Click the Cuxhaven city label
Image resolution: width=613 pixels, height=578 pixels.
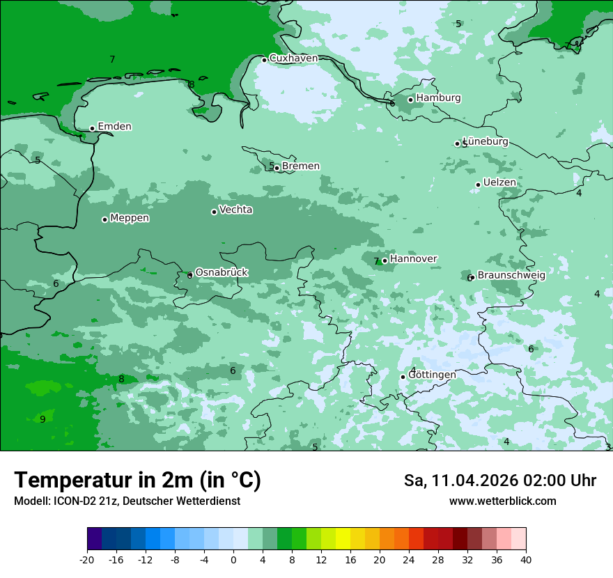click(x=293, y=58)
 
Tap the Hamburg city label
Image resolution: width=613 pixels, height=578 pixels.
click(x=438, y=98)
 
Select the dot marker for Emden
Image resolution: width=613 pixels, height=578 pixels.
click(x=92, y=128)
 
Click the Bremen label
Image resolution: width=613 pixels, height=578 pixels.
click(x=300, y=166)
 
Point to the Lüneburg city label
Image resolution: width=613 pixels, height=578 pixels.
click(x=486, y=142)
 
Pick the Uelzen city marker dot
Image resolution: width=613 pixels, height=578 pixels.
click(x=478, y=185)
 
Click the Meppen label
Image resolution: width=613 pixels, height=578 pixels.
click(x=130, y=218)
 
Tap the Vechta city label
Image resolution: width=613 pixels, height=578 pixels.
click(x=235, y=210)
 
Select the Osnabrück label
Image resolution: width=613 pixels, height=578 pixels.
click(x=222, y=272)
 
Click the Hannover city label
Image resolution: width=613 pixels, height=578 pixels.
click(x=413, y=259)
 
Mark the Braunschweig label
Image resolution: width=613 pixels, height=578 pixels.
click(x=511, y=275)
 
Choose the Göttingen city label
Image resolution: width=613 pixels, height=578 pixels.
click(x=432, y=375)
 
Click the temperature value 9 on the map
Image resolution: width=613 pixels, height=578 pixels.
click(x=42, y=419)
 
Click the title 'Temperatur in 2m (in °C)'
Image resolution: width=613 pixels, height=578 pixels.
click(x=137, y=481)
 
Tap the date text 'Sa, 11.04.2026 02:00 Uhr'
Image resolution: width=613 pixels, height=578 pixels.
click(x=499, y=481)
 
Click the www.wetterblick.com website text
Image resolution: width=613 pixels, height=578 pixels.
click(x=502, y=501)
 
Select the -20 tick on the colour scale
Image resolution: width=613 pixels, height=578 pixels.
click(x=87, y=559)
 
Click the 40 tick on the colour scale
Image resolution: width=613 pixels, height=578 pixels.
click(x=525, y=559)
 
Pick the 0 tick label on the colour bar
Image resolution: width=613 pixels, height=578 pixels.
click(x=233, y=559)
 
